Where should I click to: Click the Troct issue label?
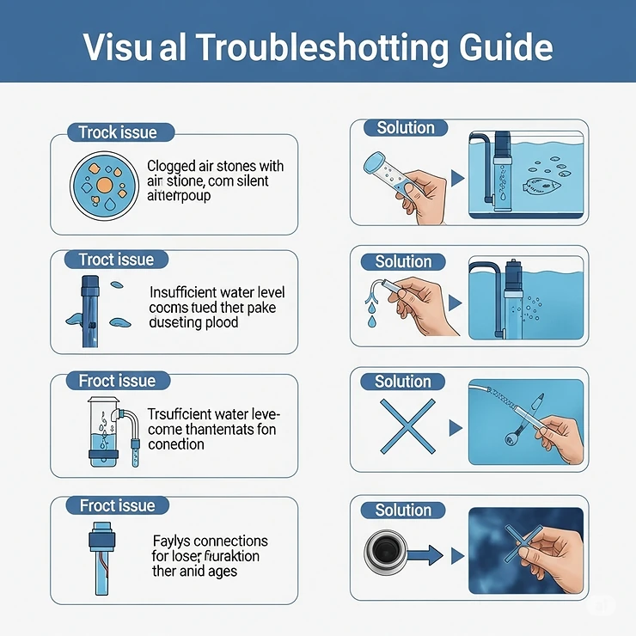[116, 260]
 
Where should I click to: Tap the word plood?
[219, 322]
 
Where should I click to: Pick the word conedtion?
[176, 444]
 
